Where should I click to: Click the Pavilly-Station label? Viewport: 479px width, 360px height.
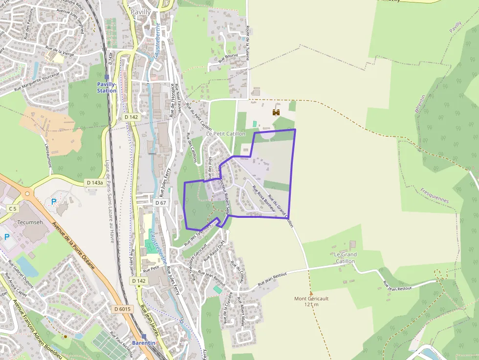(107, 87)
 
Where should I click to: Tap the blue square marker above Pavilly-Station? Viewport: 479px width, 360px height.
(107, 77)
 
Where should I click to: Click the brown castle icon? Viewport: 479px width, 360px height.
(276, 112)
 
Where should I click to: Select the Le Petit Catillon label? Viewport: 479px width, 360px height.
(225, 133)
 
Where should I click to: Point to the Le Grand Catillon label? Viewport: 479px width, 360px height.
(346, 258)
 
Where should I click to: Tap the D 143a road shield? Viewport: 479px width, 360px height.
(95, 183)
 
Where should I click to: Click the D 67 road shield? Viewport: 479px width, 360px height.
(161, 202)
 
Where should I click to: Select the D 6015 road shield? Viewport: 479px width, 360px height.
(122, 309)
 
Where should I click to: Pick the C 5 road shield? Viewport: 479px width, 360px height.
(12, 208)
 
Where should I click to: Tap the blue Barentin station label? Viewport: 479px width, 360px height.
(144, 343)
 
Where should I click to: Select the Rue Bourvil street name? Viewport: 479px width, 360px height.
(228, 58)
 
